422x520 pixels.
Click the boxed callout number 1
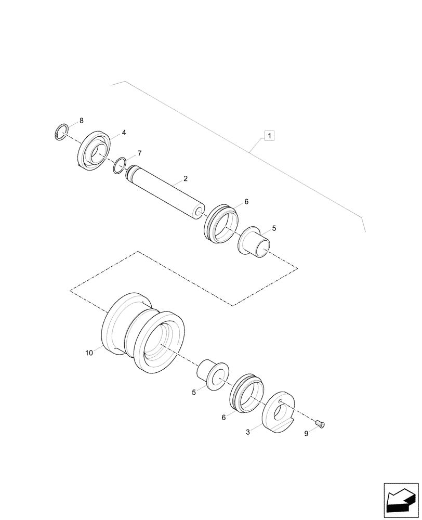[x=269, y=136]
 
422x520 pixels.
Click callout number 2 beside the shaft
[x=186, y=179]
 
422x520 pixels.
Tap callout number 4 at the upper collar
[x=124, y=133]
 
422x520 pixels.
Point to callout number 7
[x=139, y=153]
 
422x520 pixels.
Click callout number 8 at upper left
[x=81, y=121]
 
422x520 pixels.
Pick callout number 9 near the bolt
[x=306, y=433]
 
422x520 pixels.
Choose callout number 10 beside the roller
[x=89, y=353]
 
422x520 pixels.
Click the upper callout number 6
[x=246, y=201]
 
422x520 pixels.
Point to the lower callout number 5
[x=194, y=393]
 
